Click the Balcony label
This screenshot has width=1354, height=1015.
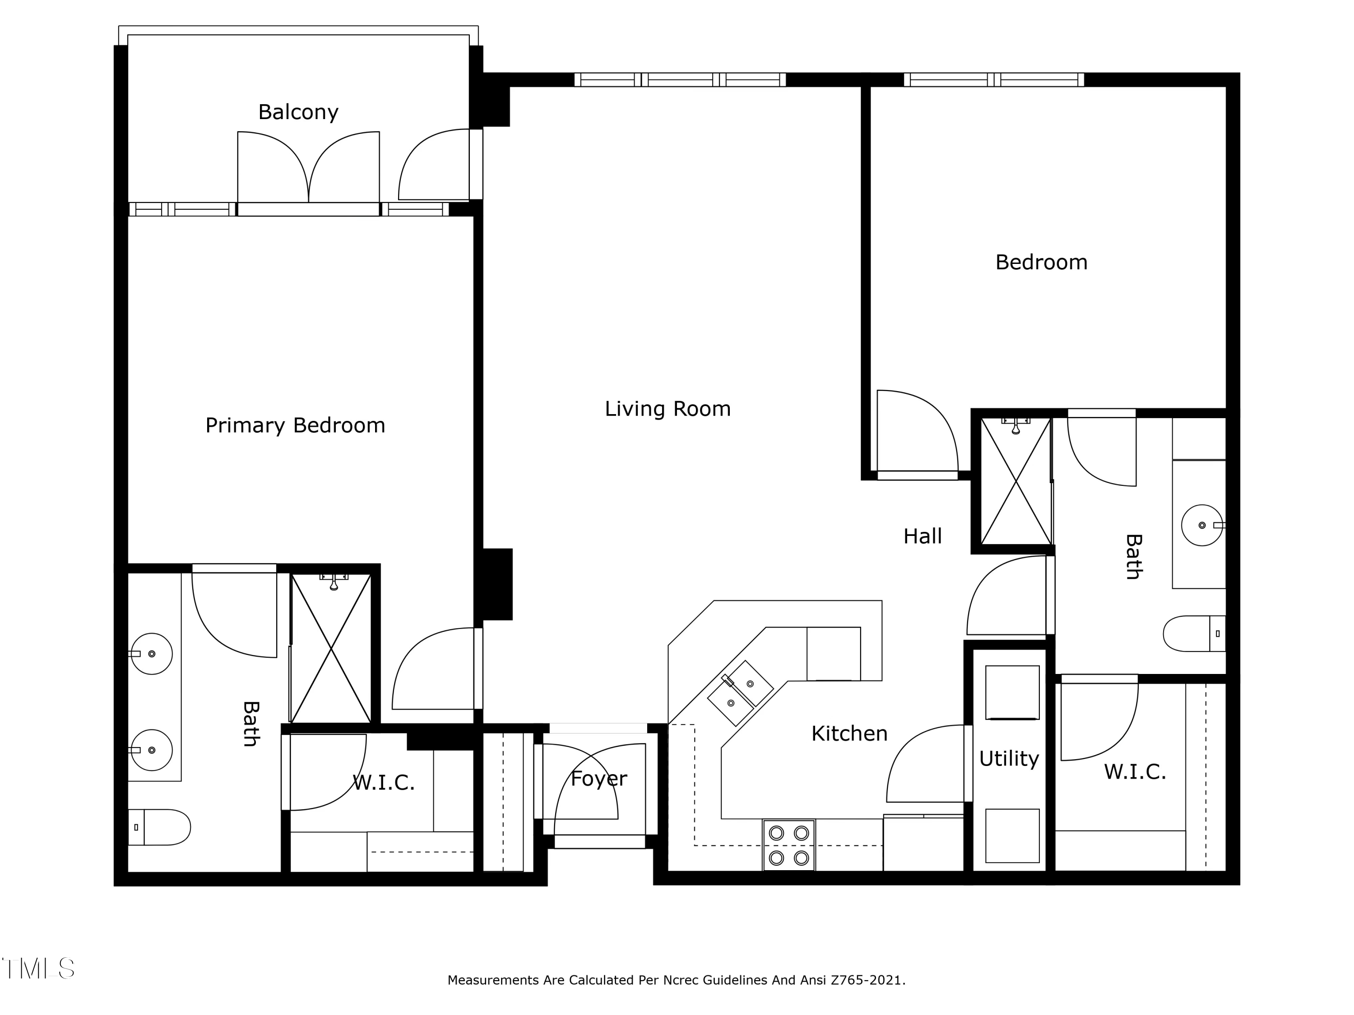[298, 112]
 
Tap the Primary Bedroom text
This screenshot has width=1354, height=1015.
[295, 425]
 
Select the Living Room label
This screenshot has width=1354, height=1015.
[667, 409]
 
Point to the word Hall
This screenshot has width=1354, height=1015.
[923, 536]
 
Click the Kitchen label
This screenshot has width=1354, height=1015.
[849, 734]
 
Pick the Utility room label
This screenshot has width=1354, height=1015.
[1009, 759]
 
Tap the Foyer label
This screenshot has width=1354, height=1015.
[598, 779]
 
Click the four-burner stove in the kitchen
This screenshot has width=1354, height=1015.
[788, 845]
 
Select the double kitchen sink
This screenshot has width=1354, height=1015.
[740, 692]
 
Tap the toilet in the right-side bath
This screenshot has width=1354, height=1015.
[1194, 634]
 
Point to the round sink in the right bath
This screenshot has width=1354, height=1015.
[1201, 525]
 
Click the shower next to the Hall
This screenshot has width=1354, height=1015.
[1015, 481]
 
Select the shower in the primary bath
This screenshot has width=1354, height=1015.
[330, 649]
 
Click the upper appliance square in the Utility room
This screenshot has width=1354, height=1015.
[1012, 692]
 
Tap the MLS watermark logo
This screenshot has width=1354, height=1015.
[38, 969]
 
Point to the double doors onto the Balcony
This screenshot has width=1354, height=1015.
[309, 168]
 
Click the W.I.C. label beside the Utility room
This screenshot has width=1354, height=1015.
[1135, 771]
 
